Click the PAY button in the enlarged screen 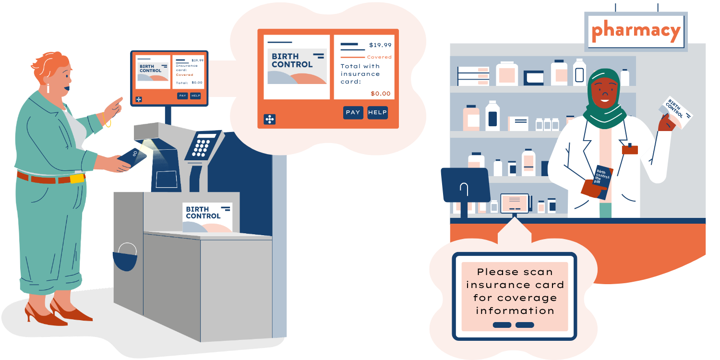pyautogui.click(x=353, y=112)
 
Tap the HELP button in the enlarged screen pyautogui.click(x=377, y=112)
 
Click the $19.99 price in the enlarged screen pyautogui.click(x=380, y=45)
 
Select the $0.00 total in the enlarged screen pyautogui.click(x=381, y=94)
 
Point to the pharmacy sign pyautogui.click(x=636, y=31)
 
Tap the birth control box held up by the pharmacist pyautogui.click(x=677, y=112)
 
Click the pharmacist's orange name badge pyautogui.click(x=630, y=149)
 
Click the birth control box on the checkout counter pyautogui.click(x=208, y=217)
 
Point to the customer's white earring pyautogui.click(x=48, y=89)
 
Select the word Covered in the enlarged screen pyautogui.click(x=379, y=57)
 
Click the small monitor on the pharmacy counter pyautogui.click(x=514, y=203)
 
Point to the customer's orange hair pyautogui.click(x=48, y=65)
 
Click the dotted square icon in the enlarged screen pyautogui.click(x=269, y=119)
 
